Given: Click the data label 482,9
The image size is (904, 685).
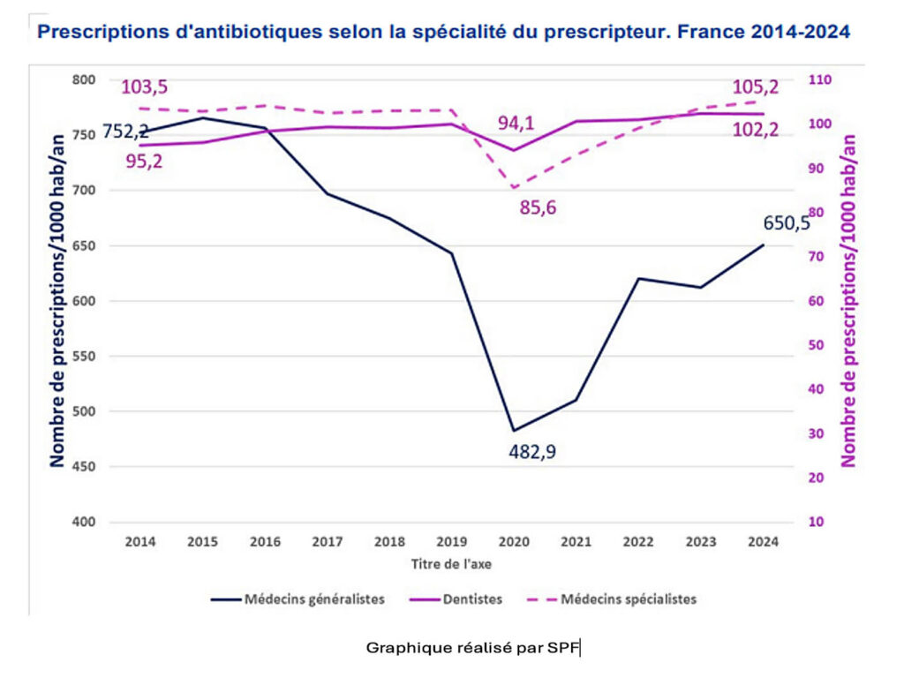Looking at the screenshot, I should click(532, 452).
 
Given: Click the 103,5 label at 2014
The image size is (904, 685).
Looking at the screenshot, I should click(144, 87).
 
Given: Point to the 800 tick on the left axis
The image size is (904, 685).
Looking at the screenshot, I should click(83, 80).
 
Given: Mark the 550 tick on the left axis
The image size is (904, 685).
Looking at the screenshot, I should click(83, 357).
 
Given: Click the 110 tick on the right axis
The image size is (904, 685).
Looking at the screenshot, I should click(821, 80).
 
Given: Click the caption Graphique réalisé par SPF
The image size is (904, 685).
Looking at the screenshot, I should click(473, 648).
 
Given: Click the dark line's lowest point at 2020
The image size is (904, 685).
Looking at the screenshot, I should click(513, 431).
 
